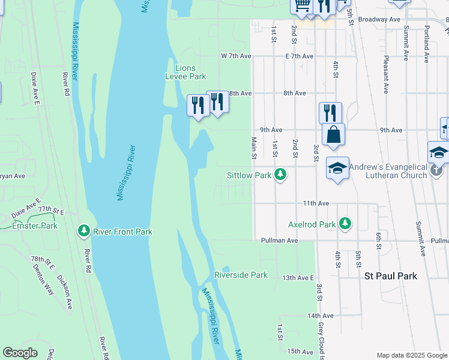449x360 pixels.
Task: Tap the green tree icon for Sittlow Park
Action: click(x=280, y=175)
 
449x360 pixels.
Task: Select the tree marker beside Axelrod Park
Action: click(x=345, y=223)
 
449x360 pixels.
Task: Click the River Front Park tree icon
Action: click(x=84, y=230)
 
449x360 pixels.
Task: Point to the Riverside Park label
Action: click(x=241, y=275)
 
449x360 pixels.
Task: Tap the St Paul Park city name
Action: click(x=391, y=276)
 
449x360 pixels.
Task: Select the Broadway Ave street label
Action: click(x=379, y=19)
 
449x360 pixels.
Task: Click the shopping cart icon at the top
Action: click(x=302, y=5)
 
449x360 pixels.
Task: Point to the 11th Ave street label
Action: click(x=316, y=203)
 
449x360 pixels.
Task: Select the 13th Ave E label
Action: click(x=298, y=278)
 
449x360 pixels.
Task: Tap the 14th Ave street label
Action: click(x=320, y=316)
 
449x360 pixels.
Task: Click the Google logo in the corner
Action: click(x=20, y=353)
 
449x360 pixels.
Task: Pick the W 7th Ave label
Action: click(x=235, y=56)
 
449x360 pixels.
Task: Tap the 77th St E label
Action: click(x=51, y=211)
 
